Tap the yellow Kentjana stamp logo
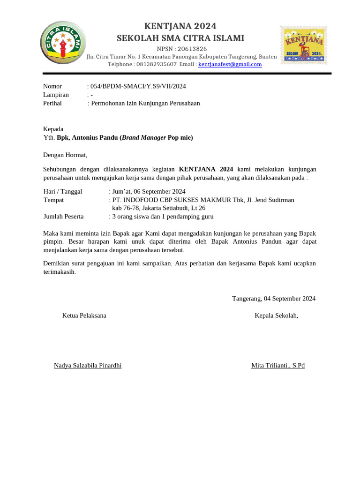point(303,45)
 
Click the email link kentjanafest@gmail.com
point(230,64)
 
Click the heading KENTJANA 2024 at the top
point(180,26)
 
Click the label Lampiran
point(56,94)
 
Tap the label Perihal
point(52,103)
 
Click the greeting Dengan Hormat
point(65,155)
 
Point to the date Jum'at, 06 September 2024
point(149,191)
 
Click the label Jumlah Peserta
point(63,217)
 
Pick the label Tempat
point(53,200)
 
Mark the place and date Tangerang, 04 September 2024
point(274,298)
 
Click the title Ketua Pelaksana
point(84,315)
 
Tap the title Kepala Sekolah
point(276,315)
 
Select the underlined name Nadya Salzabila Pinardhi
point(88,365)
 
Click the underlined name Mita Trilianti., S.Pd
point(278,365)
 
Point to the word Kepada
point(53,129)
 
